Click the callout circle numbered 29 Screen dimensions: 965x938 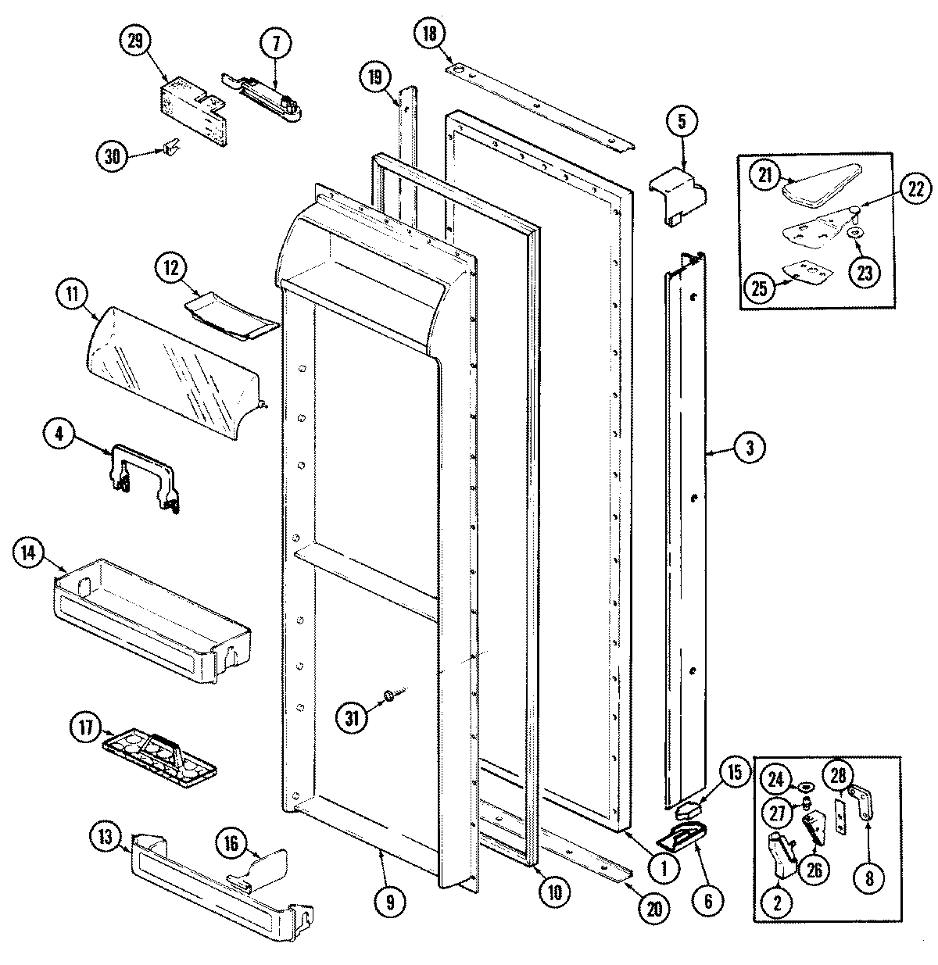[135, 41]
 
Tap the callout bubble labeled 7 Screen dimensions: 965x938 [276, 45]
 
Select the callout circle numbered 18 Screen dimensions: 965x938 [431, 34]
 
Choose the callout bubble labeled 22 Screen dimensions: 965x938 [915, 188]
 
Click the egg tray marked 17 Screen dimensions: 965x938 [159, 751]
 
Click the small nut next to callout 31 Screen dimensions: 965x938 [388, 694]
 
